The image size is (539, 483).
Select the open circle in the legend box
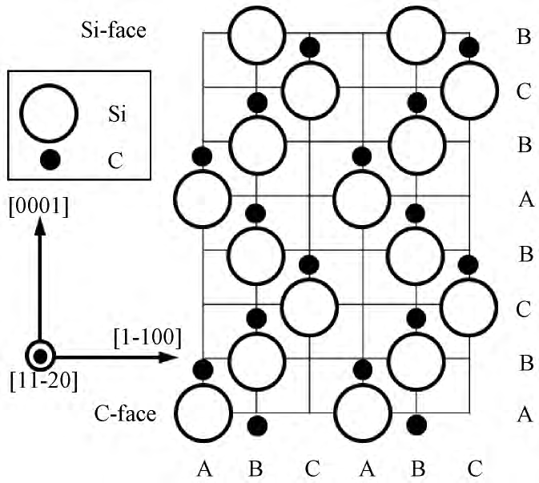point(48,113)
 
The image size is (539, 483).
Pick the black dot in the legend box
point(50,159)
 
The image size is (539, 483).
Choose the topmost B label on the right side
point(525,38)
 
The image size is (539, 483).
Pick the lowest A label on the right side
point(525,414)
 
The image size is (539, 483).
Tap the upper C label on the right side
point(525,91)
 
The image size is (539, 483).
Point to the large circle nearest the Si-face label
point(256,36)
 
